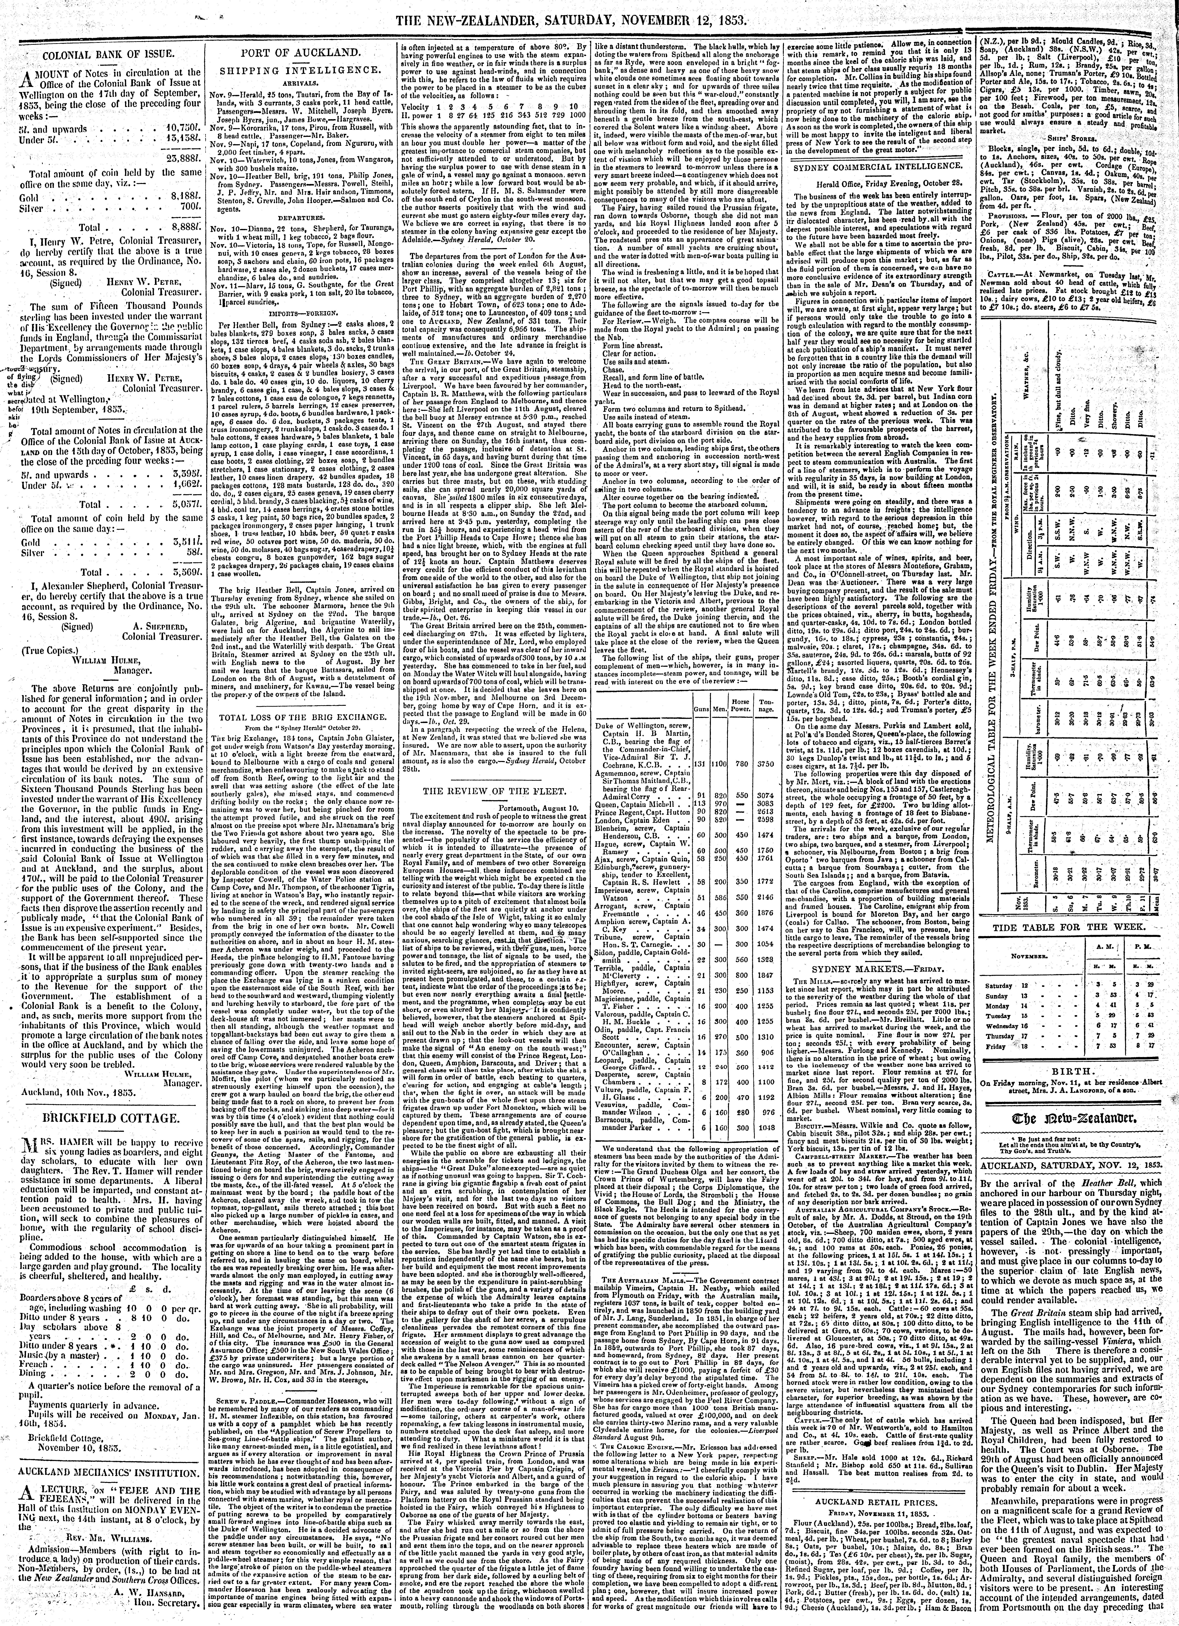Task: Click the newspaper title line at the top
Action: pos(588,11)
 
